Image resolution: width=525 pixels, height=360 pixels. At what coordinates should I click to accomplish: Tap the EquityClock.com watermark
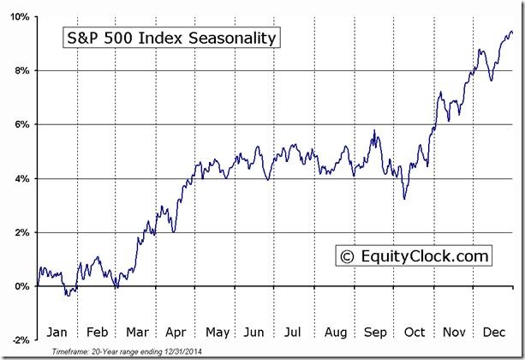coord(414,255)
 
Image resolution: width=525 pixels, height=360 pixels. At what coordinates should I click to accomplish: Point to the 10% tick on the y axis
coord(21,17)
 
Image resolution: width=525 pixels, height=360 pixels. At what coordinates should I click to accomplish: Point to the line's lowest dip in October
coord(404,199)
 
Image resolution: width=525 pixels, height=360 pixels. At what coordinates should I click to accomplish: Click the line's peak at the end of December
coord(511,32)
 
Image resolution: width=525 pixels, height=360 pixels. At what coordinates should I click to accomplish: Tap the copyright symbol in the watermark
coord(347,256)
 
